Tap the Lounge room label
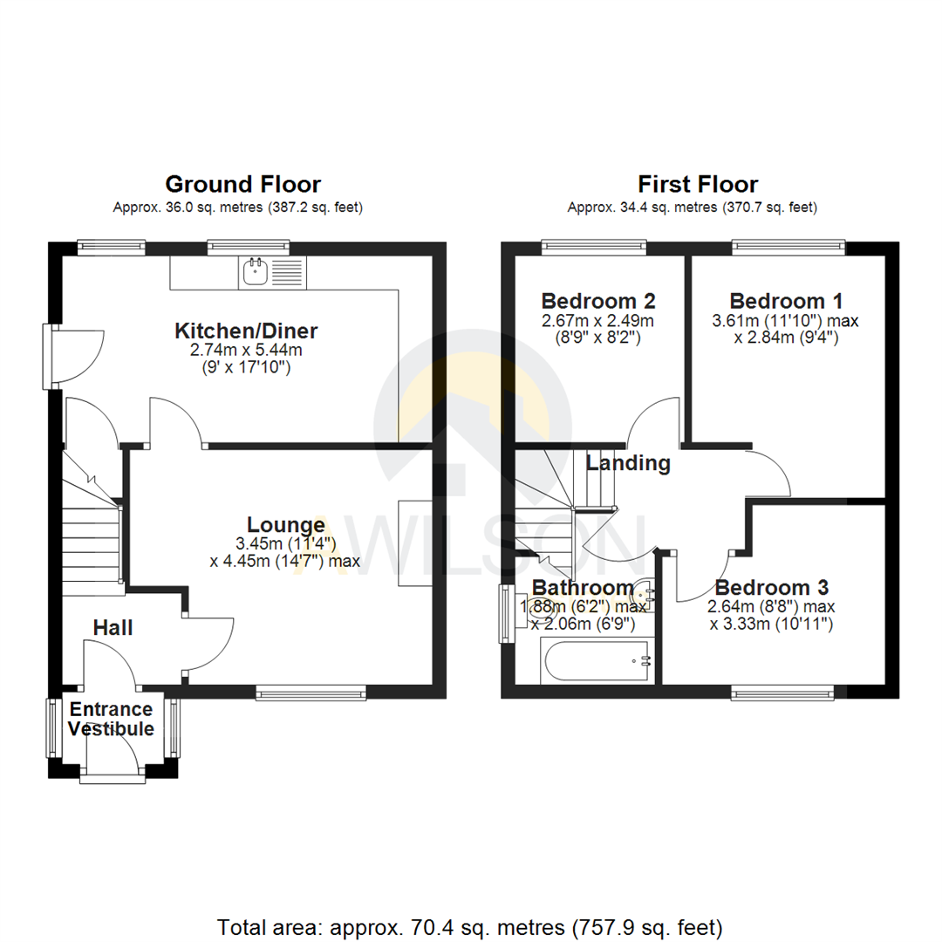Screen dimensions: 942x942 point(286,525)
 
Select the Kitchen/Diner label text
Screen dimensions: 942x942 point(247,331)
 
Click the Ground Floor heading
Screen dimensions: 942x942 point(242,185)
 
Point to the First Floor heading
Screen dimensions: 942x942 point(698,185)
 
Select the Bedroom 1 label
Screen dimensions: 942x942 point(786,302)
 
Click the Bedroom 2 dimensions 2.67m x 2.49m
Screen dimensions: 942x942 point(598,321)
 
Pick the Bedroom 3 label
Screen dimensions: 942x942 point(772,587)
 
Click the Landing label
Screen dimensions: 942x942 point(628,463)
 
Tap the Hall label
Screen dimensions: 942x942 point(113,627)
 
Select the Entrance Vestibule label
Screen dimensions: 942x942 point(112,720)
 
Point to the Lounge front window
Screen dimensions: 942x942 point(311,693)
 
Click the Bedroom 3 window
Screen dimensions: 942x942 point(782,693)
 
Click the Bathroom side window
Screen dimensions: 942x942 point(505,614)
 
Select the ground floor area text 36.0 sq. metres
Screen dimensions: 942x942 point(237,208)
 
